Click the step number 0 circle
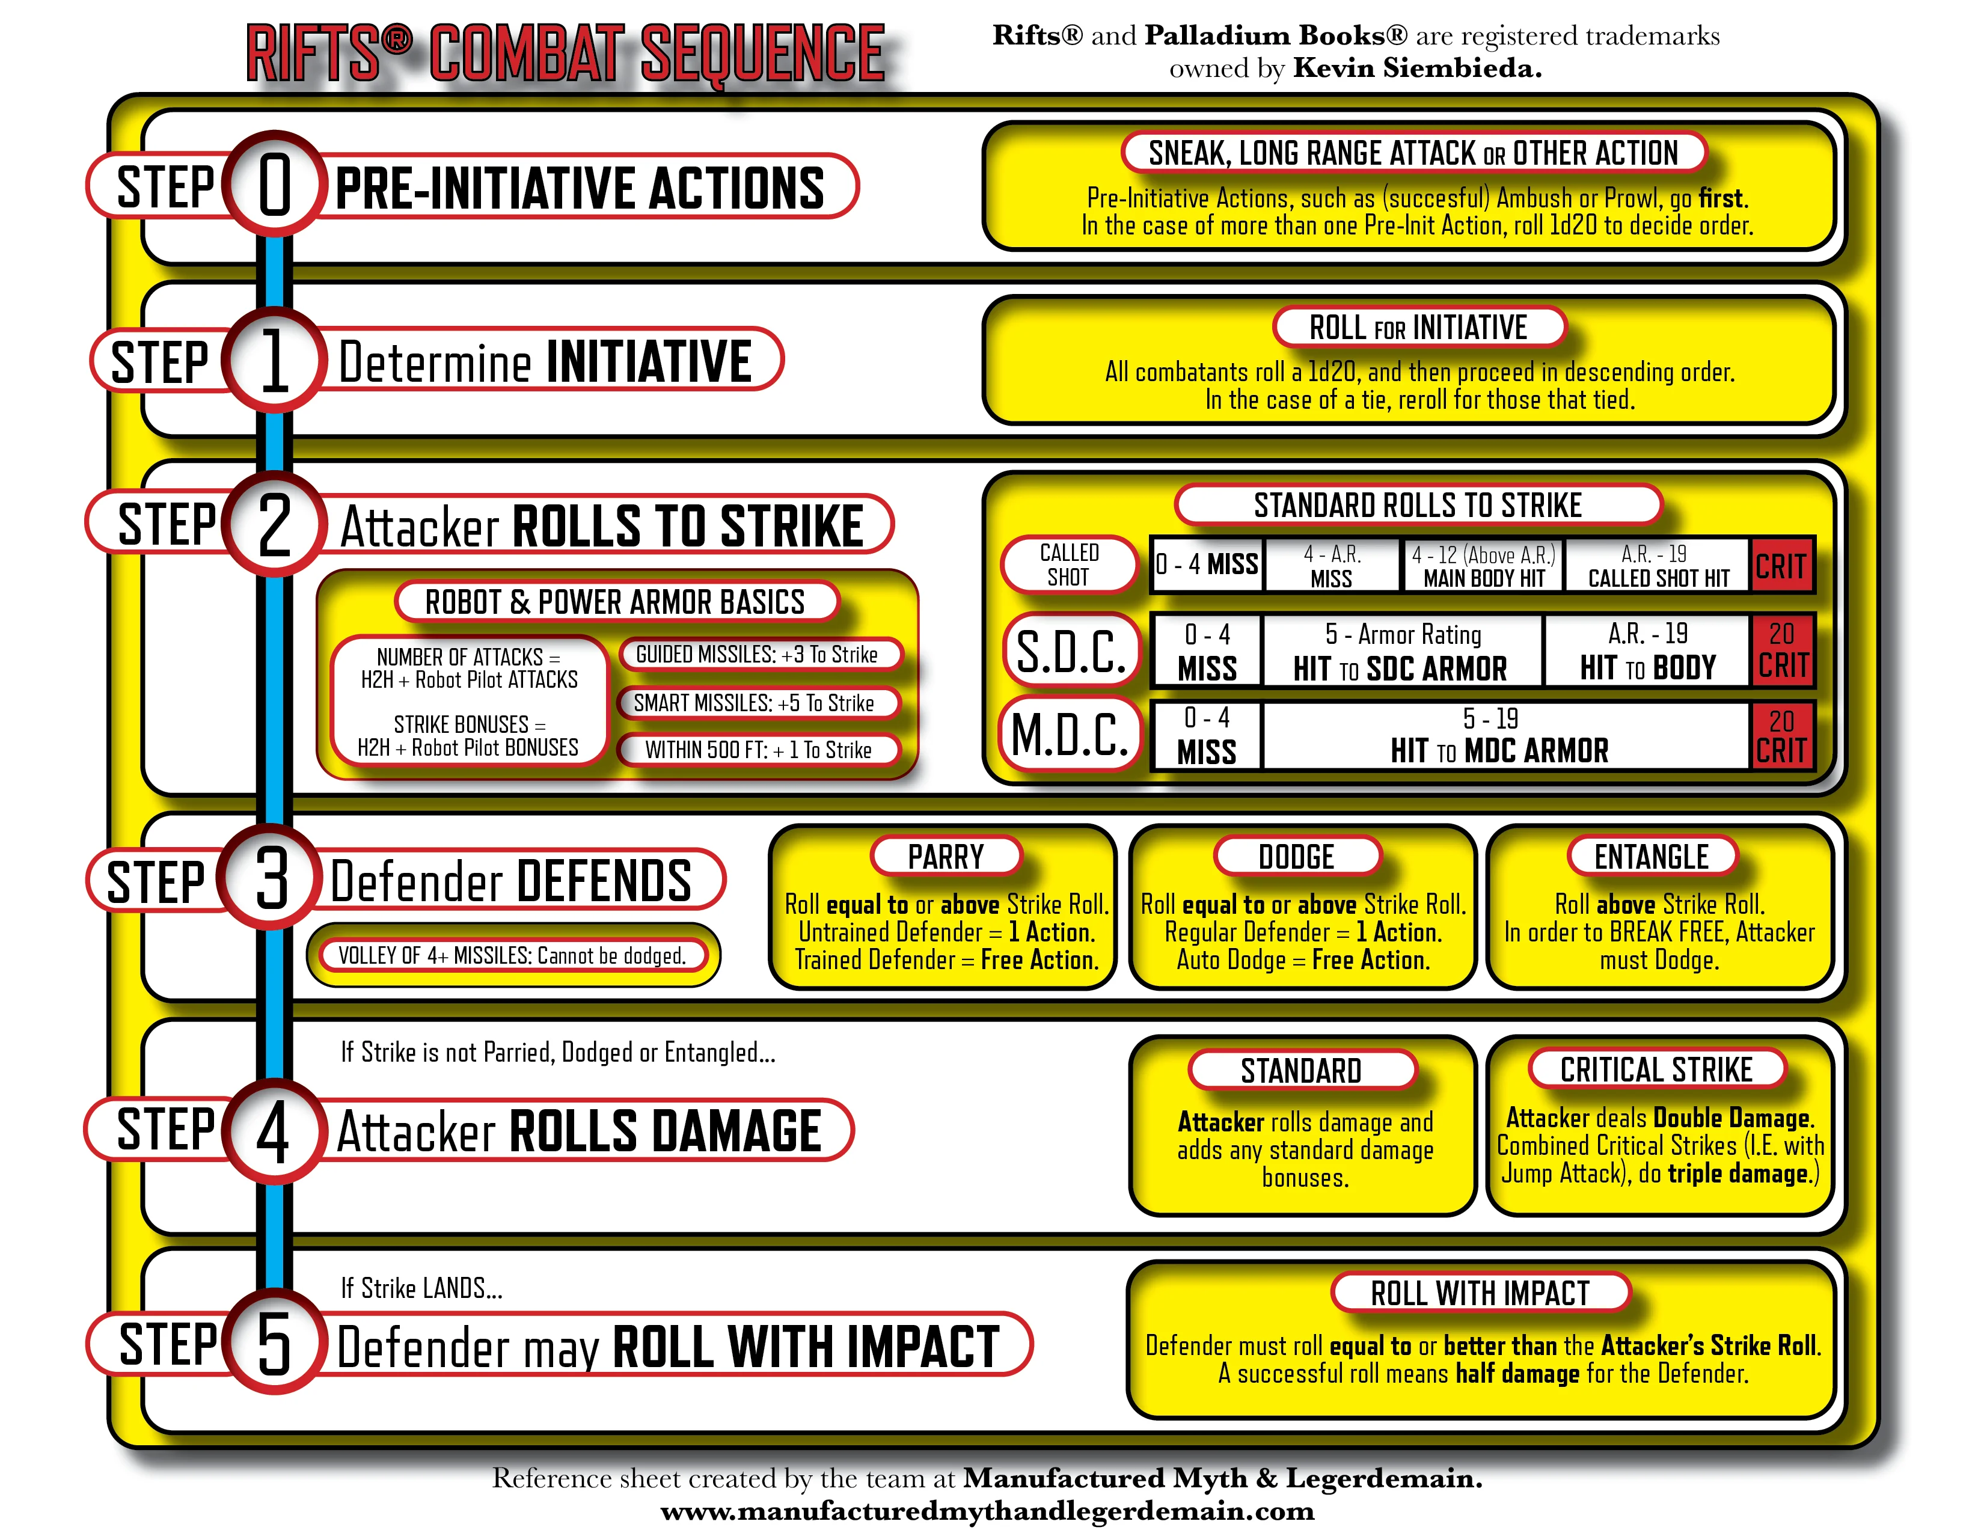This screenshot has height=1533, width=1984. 274,185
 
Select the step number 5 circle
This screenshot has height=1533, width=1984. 274,1342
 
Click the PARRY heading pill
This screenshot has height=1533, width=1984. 946,857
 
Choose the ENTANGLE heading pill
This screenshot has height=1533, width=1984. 1652,857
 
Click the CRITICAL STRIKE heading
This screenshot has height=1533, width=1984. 1656,1070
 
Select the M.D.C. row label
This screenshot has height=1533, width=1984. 1070,734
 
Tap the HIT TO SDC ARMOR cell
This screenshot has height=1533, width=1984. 1401,650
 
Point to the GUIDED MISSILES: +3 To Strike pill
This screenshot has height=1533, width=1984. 757,654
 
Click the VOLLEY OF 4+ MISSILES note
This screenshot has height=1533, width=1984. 512,955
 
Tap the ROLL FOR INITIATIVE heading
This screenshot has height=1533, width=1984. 1418,327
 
